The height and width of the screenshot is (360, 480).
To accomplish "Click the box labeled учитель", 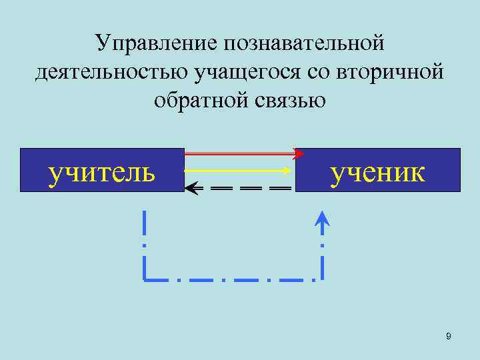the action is point(102,170).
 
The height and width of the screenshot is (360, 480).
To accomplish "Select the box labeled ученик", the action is point(378,170).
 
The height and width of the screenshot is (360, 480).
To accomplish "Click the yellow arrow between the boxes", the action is point(237,170).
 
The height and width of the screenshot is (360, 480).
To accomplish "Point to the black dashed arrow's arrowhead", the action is point(191,189).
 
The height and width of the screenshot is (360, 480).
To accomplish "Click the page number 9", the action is point(449,337).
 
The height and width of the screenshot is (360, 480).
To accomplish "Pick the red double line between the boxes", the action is point(237,153).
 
